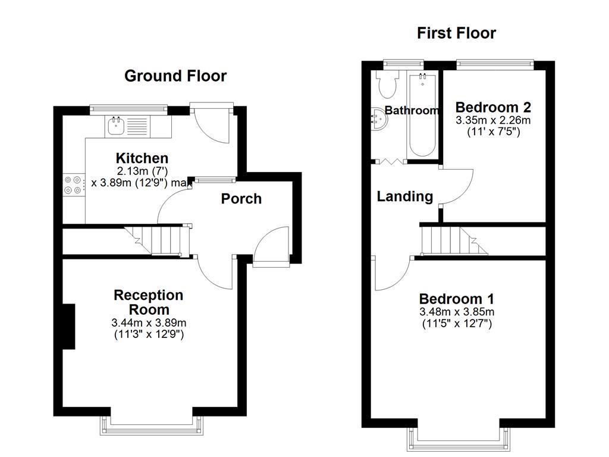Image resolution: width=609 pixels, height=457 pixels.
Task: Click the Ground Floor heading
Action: coord(175,76)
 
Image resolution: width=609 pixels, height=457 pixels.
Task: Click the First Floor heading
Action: coord(456,33)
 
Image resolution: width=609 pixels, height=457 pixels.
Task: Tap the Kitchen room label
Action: coord(142,158)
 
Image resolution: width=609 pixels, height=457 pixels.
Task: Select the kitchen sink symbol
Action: coord(115,126)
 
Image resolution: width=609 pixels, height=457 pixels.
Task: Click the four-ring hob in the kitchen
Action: coord(74,184)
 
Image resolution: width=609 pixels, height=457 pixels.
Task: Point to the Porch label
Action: coord(241,199)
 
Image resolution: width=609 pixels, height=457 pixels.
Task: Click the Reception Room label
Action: coord(149,302)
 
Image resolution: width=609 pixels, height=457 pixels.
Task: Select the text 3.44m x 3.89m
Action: coord(149,323)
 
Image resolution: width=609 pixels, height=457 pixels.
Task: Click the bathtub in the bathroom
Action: coord(422,114)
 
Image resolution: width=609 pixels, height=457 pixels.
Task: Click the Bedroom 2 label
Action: coord(493,108)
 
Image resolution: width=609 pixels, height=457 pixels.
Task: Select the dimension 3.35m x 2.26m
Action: coord(493,120)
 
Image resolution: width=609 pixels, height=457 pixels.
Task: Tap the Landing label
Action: coord(404,196)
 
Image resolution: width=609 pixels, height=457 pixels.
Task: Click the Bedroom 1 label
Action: coord(456,299)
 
